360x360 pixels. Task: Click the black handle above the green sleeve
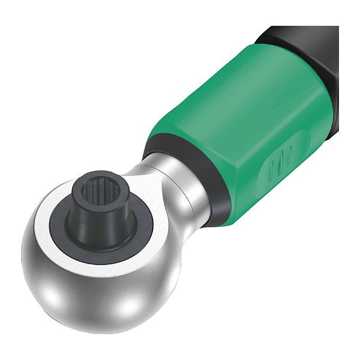coord(300,36)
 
